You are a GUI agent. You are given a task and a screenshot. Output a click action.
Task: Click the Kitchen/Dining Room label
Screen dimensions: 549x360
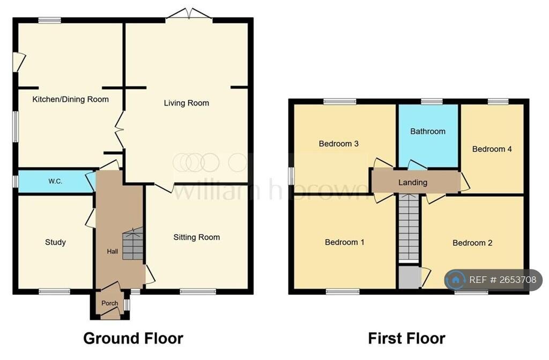tap(70, 99)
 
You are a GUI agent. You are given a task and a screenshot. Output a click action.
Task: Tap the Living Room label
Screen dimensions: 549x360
tap(186, 103)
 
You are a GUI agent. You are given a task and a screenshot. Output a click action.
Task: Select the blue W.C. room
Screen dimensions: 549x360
tap(56, 181)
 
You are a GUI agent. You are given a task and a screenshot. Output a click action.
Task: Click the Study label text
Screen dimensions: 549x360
tap(55, 242)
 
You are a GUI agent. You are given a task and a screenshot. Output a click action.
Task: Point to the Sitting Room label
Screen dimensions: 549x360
tap(196, 237)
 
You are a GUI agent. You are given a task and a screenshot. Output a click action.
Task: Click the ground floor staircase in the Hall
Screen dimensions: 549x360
tap(133, 244)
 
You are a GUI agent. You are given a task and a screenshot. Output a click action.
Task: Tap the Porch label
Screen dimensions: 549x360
tap(109, 303)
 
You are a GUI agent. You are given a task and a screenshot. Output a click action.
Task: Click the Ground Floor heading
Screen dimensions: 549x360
tap(133, 339)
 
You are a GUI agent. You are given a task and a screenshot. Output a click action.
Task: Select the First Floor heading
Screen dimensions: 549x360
tap(406, 339)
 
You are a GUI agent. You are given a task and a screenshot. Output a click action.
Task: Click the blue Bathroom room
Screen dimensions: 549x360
tap(428, 136)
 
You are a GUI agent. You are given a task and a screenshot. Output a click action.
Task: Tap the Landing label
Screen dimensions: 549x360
tap(413, 182)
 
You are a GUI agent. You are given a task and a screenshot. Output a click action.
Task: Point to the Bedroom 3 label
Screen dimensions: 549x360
tap(339, 144)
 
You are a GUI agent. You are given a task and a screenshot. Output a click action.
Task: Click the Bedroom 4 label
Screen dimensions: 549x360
tap(492, 149)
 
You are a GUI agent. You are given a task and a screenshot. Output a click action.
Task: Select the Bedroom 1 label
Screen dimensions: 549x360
tap(345, 242)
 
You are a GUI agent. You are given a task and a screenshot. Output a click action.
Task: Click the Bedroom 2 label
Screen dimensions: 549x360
tap(472, 243)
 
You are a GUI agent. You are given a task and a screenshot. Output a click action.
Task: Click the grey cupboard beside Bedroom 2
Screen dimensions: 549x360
tap(409, 278)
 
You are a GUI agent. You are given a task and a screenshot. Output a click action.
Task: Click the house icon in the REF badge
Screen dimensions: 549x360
tap(456, 280)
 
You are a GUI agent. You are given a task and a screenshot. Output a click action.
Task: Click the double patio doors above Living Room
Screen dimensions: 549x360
tap(189, 13)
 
